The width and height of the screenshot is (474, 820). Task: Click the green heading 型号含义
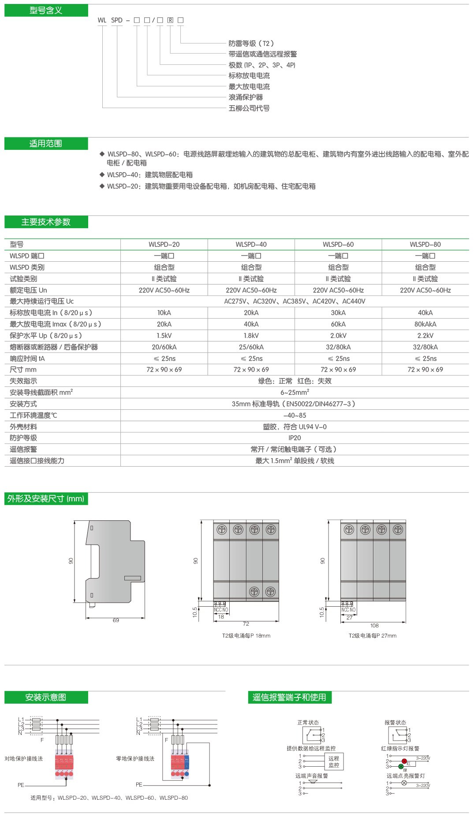click(46, 11)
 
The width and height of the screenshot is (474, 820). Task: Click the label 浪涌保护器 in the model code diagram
click(246, 97)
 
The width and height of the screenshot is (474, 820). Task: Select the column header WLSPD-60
click(338, 245)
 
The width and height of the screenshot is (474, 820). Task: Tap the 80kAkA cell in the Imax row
click(425, 324)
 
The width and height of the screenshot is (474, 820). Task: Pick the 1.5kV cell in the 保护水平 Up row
click(164, 336)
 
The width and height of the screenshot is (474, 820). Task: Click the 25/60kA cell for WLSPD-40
click(251, 347)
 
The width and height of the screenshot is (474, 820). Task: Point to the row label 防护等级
click(23, 438)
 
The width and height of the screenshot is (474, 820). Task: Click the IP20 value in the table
click(295, 438)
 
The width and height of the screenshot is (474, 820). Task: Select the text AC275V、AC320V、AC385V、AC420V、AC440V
click(295, 301)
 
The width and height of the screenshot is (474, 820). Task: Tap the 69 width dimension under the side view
click(116, 620)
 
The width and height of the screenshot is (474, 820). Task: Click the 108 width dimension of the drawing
click(374, 626)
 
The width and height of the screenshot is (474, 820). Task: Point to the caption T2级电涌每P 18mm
click(246, 636)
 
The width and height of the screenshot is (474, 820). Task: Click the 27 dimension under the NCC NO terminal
click(350, 618)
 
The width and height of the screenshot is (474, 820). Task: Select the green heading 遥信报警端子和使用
click(289, 698)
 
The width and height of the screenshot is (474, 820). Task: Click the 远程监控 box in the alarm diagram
click(334, 761)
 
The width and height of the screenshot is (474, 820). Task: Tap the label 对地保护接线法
click(24, 759)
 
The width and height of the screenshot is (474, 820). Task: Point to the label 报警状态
click(395, 723)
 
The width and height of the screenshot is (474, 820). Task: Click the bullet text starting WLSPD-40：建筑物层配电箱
click(150, 175)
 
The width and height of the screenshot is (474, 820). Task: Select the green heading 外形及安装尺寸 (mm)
click(46, 499)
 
